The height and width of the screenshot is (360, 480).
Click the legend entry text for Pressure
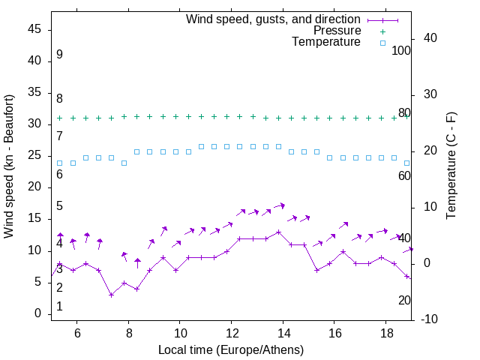click(x=337, y=31)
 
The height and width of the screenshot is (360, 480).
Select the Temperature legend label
click(x=326, y=43)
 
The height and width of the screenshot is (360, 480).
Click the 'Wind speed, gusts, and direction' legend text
click(x=274, y=19)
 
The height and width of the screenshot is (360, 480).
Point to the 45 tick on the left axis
click(x=34, y=30)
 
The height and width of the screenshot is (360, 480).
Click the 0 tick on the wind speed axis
click(x=38, y=313)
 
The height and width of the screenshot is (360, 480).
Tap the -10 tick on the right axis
click(x=430, y=319)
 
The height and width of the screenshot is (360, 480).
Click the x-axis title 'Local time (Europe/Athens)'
click(x=231, y=349)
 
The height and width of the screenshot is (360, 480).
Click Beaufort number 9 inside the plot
click(x=59, y=55)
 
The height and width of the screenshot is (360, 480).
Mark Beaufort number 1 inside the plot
click(x=59, y=307)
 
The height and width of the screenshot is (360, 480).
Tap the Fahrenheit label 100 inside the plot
click(x=401, y=50)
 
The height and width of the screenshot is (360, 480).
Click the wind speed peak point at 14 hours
click(x=278, y=232)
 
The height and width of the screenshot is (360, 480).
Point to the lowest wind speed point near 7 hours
click(x=111, y=295)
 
